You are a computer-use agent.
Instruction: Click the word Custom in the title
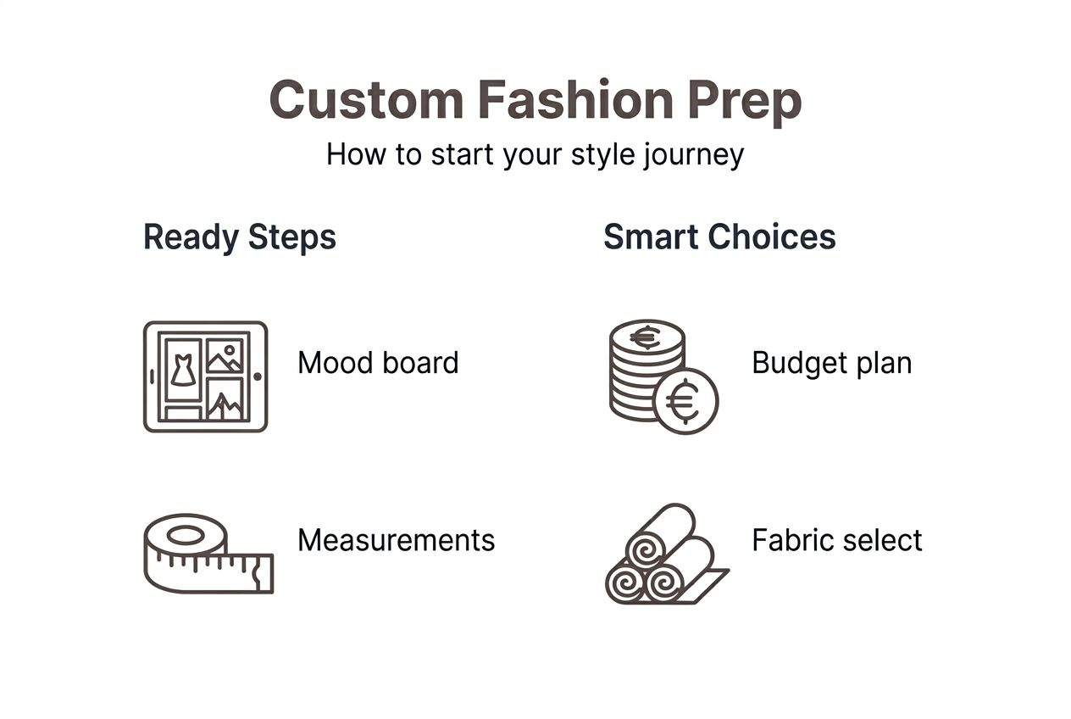pyautogui.click(x=365, y=100)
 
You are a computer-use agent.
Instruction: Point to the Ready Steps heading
pyautogui.click(x=240, y=237)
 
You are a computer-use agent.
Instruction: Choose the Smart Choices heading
pyautogui.click(x=719, y=237)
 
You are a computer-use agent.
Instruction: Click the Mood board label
pyautogui.click(x=378, y=363)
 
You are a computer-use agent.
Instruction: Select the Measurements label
pyautogui.click(x=396, y=540)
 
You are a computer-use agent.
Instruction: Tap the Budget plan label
pyautogui.click(x=831, y=363)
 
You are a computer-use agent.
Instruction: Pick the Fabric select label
pyautogui.click(x=836, y=540)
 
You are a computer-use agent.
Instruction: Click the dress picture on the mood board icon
pyautogui.click(x=182, y=370)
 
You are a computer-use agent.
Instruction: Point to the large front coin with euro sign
pyautogui.click(x=685, y=402)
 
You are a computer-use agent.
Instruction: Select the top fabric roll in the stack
pyautogui.click(x=661, y=535)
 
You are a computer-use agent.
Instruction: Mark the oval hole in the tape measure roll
pyautogui.click(x=186, y=535)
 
